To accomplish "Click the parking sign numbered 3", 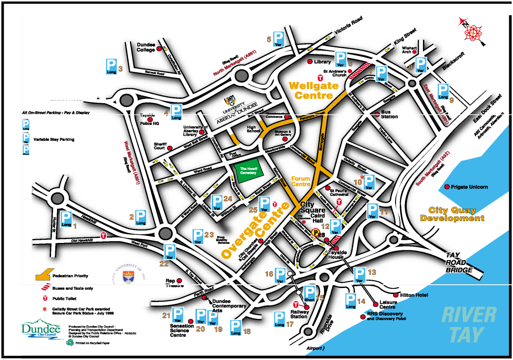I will (111, 66).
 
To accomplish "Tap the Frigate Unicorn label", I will (469, 187).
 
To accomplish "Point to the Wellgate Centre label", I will (311, 90).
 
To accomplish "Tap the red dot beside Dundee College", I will (159, 48).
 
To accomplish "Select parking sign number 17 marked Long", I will (279, 319).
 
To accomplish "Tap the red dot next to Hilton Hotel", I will (396, 295).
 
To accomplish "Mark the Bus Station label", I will (389, 114).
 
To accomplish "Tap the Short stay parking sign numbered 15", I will (309, 294).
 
